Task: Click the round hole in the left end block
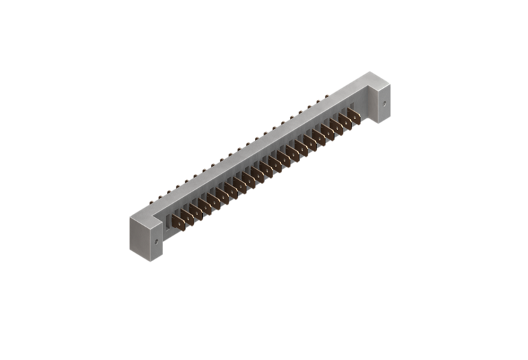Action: point(158,240)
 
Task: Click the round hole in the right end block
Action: point(385,104)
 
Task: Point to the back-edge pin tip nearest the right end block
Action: point(327,97)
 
